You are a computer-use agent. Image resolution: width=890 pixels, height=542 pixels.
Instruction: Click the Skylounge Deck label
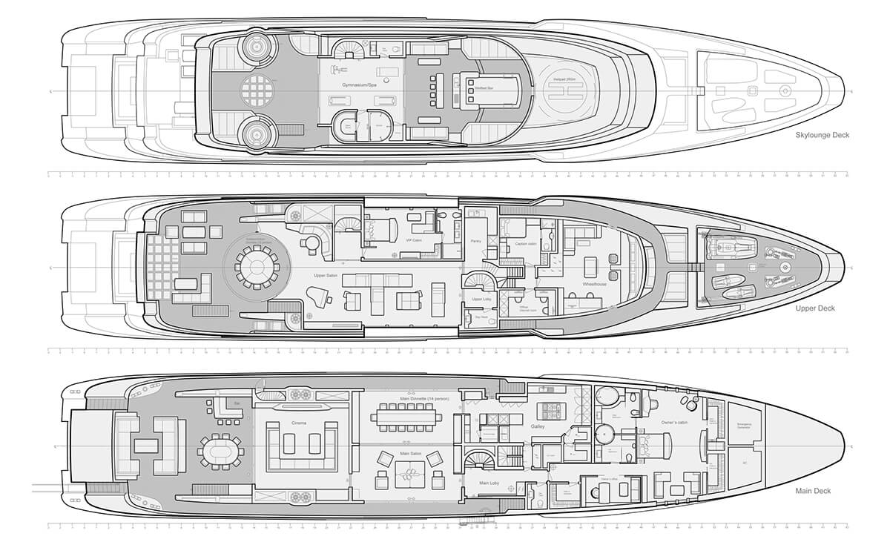click(822, 135)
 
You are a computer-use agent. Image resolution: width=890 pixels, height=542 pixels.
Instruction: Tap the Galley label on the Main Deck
click(538, 427)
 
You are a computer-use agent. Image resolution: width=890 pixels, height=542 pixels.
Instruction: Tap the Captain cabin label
click(518, 243)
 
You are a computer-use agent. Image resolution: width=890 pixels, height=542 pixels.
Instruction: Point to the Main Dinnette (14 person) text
click(423, 397)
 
